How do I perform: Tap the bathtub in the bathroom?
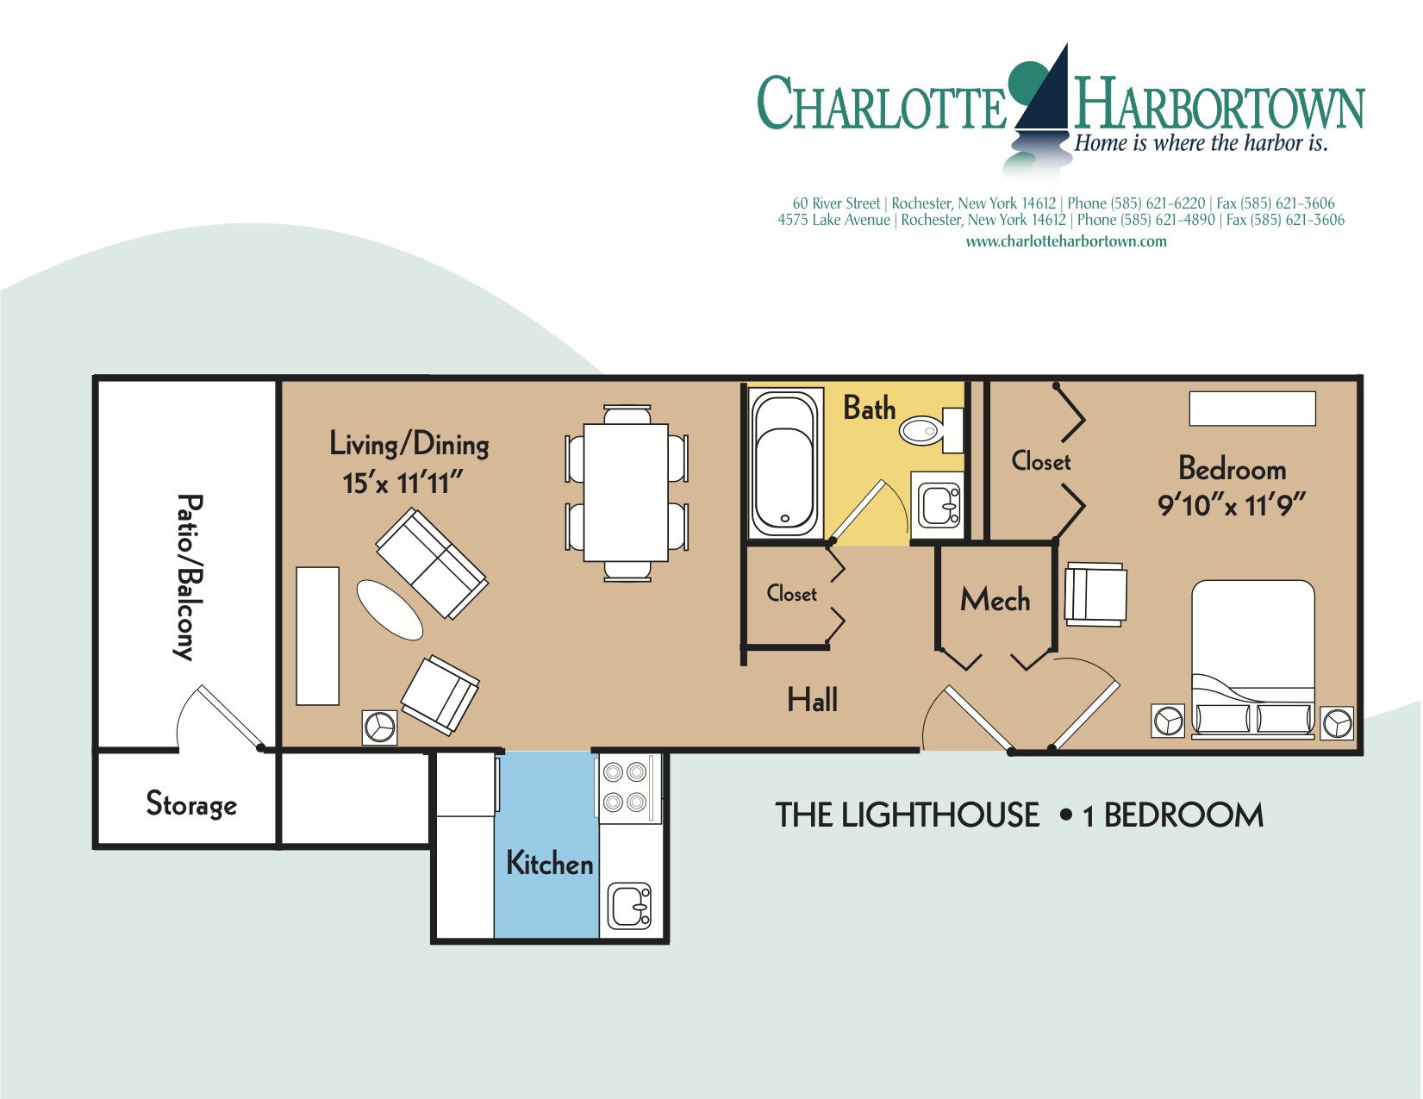784,463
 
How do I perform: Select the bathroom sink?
938,504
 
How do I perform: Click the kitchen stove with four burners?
626,786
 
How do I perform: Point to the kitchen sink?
631,907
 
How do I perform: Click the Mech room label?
995,600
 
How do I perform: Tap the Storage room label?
191,803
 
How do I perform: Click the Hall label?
812,700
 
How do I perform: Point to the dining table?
627,492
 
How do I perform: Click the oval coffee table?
390,609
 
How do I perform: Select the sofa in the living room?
432,563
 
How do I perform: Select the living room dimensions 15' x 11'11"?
403,483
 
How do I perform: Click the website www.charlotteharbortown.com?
1065,241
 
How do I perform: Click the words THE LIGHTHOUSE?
907,815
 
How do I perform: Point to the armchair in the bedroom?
1095,594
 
